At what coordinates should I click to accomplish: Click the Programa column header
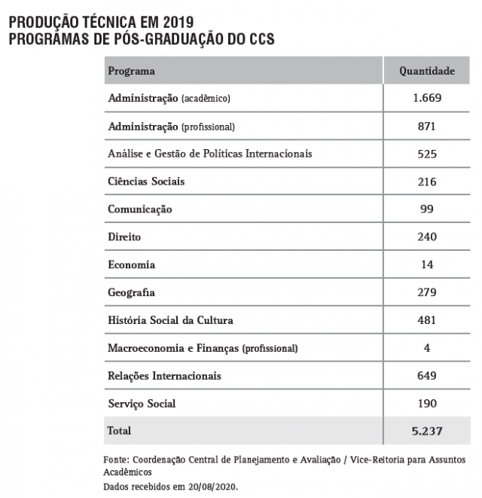(132, 71)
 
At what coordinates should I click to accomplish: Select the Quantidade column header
(427, 71)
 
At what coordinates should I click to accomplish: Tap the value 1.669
(427, 98)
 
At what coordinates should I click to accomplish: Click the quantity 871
(427, 126)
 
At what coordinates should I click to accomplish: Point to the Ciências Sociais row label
(146, 182)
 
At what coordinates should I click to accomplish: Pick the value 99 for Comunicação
(427, 209)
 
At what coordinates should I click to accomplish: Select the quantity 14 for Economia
(427, 264)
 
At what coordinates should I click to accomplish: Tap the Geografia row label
(132, 292)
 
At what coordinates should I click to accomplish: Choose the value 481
(427, 320)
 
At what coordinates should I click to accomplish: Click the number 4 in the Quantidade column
(427, 348)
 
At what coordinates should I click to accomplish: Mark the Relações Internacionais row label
(165, 375)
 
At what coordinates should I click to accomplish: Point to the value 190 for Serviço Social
(427, 403)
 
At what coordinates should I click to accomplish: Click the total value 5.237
(427, 431)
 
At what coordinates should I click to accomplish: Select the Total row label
(120, 431)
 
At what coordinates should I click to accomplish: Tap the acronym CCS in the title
(258, 37)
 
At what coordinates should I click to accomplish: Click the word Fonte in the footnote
(115, 460)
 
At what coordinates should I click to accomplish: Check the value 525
(427, 154)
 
